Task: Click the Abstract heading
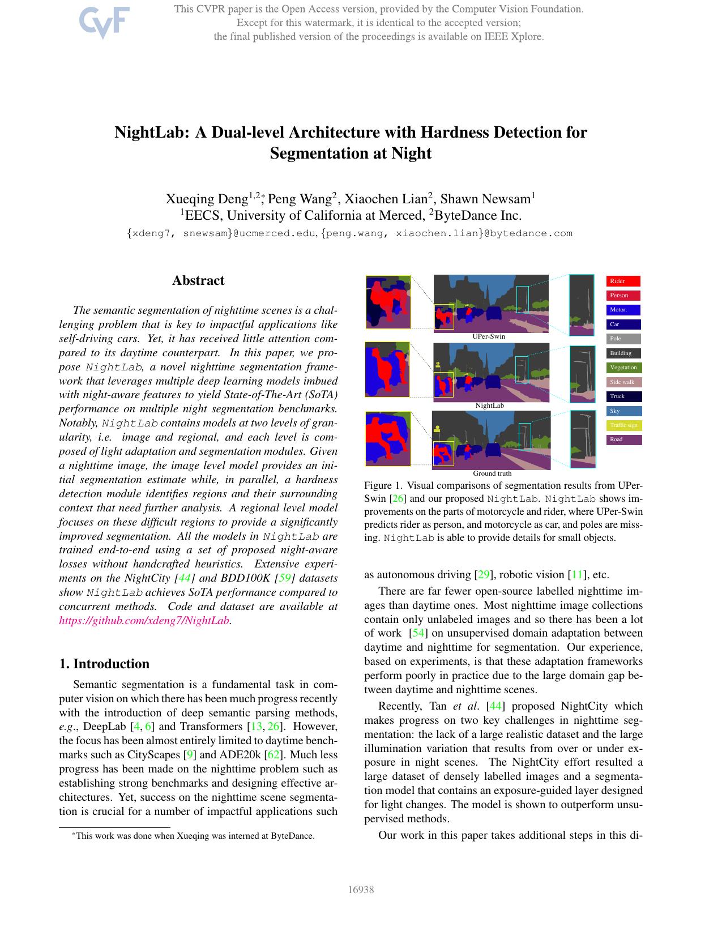point(198,280)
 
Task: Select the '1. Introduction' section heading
point(104,664)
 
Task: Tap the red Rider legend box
point(623,281)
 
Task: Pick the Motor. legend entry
point(623,310)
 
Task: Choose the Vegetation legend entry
point(624,368)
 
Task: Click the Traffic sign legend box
point(624,425)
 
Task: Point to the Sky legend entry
point(624,411)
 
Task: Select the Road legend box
point(624,439)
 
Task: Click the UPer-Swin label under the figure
point(489,336)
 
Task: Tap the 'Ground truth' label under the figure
point(492,473)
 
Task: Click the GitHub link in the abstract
point(144,620)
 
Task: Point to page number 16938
point(361,890)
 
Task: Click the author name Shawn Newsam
point(485,199)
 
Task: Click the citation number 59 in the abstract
point(285,578)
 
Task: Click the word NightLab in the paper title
point(152,133)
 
